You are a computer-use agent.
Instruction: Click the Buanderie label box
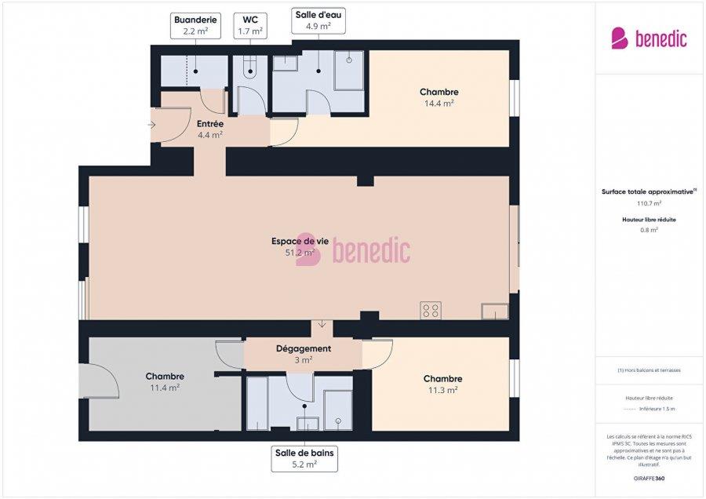pos(195,25)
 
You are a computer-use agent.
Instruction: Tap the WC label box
pos(250,25)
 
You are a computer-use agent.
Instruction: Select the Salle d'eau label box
pos(318,20)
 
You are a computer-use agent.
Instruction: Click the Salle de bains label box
pos(306,458)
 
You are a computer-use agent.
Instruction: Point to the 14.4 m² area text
pos(439,103)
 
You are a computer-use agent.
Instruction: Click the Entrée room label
pos(210,124)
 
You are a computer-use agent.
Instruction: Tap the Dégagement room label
pos(303,348)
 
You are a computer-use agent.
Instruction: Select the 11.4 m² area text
pos(164,388)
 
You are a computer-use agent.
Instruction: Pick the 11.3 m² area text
pos(442,389)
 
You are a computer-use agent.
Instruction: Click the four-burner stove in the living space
pos(431,310)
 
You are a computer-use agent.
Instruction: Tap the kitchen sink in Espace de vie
pos(494,311)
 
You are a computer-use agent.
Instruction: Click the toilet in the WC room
pos(250,71)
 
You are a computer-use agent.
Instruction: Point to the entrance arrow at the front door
pos(152,125)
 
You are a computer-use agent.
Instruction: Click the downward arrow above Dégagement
pos(322,324)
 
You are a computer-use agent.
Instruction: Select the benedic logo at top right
pos(649,38)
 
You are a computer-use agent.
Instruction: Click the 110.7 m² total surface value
pos(649,202)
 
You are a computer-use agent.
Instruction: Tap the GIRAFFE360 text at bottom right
pos(649,478)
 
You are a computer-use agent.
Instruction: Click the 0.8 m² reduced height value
pos(649,230)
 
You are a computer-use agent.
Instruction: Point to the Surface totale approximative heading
pos(649,191)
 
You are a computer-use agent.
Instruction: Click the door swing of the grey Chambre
pos(104,383)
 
